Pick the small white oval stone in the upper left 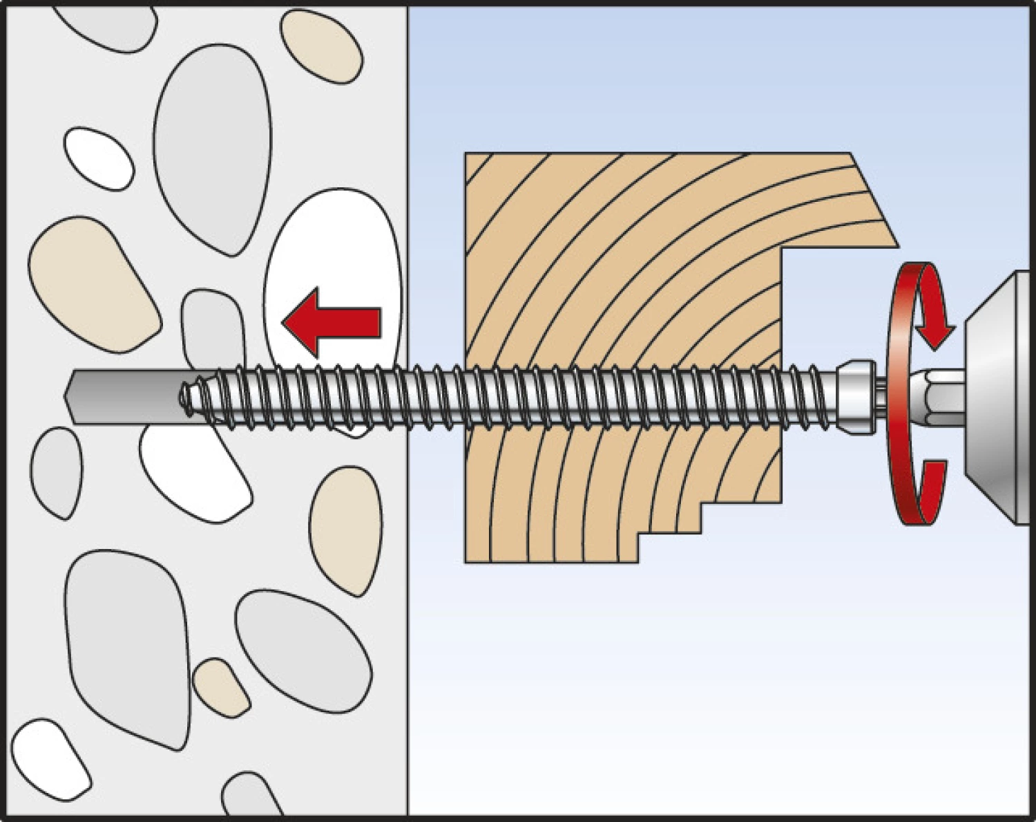coord(99,158)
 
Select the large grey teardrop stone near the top coord(207,145)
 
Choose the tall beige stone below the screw coord(345,529)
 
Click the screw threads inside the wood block coord(622,400)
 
